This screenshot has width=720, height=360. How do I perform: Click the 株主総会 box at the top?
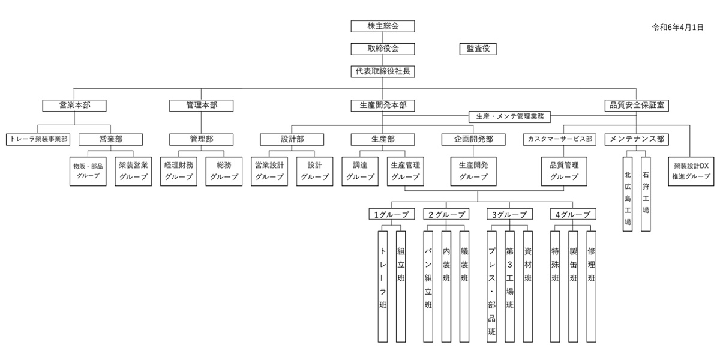coord(383,26)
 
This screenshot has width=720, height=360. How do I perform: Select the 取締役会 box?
coord(383,49)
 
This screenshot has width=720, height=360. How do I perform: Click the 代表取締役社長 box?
coord(383,71)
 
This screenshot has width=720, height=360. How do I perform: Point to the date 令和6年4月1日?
coord(677,28)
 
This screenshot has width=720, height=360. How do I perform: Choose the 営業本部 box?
coord(74,105)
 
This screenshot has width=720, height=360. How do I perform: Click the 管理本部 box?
coord(202,105)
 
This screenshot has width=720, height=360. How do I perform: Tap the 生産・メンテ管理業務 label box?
coord(509,116)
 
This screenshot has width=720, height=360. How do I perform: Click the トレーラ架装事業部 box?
coord(38,139)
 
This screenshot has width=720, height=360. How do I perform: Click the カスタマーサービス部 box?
coord(560,139)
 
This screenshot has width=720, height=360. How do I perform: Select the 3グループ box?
coord(509,214)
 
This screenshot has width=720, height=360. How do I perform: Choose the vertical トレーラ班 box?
coord(383,286)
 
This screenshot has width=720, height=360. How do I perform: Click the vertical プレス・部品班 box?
coord(491,286)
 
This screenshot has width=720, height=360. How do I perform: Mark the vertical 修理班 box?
coord(591,286)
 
